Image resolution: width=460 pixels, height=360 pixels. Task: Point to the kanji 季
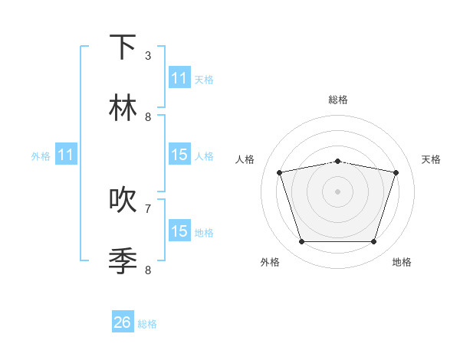123,260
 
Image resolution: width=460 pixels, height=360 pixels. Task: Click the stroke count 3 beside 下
148,56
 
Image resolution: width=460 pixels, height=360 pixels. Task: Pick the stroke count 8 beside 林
148,117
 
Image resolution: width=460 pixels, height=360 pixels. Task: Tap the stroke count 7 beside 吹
148,208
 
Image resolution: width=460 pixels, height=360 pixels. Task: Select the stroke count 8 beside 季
148,270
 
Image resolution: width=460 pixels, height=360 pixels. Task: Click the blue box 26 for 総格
123,322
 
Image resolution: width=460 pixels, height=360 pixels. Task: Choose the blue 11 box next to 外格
66,155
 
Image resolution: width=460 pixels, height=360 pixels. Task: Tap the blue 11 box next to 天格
179,78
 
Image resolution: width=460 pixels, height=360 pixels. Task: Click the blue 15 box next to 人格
179,155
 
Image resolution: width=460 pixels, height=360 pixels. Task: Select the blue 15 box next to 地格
179,231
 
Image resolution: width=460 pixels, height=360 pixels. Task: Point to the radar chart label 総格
337,100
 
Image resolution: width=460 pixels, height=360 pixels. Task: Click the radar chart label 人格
245,159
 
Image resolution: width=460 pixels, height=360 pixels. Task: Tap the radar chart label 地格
402,263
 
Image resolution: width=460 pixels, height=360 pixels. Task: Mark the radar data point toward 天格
396,173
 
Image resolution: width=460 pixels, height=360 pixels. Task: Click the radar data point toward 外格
301,242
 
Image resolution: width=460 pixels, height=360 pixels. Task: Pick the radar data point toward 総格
337,161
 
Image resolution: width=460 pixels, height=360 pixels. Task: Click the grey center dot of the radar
337,191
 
